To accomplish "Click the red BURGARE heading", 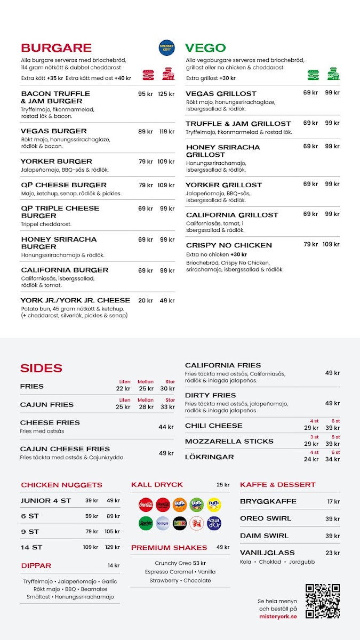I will (56, 48).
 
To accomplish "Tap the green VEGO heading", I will (205, 48).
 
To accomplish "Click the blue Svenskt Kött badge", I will (166, 48).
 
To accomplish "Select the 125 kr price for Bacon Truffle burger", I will (166, 94).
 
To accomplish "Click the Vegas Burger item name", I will (53, 131).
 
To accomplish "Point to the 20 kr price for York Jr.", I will (146, 300).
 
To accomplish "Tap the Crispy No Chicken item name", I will (229, 245).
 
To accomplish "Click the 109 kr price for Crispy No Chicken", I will (331, 245).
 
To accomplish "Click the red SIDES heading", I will (41, 368).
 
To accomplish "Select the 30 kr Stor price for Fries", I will (167, 388).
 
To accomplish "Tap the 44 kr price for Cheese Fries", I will (166, 427).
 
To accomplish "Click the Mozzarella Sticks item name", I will (229, 441).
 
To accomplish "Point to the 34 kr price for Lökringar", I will (333, 459).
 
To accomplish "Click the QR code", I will (322, 601).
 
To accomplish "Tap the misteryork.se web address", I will (278, 616).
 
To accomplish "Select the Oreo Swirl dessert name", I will (266, 518).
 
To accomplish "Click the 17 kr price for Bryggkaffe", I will (333, 502).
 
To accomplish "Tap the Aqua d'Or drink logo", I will (214, 523).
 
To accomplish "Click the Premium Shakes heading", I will (169, 547).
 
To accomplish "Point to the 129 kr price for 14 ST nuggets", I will (113, 547).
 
